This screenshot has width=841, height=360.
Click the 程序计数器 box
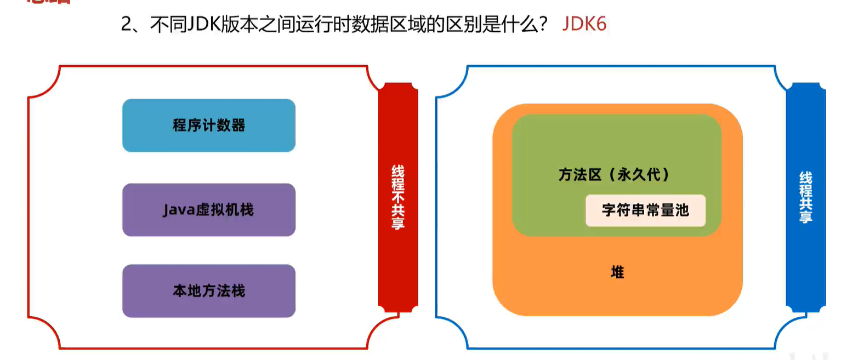click(208, 125)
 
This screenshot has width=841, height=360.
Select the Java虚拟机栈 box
click(208, 210)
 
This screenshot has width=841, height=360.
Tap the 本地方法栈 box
click(208, 291)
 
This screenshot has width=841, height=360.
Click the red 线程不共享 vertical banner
click(398, 197)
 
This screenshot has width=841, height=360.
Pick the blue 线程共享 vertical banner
click(805, 197)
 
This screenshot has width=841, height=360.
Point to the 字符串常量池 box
click(645, 210)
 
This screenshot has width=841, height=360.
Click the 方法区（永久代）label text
click(614, 175)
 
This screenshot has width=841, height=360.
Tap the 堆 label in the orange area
click(617, 272)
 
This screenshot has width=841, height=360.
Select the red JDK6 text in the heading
click(584, 25)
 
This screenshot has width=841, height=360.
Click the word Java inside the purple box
click(176, 210)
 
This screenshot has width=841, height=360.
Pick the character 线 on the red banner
click(398, 170)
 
